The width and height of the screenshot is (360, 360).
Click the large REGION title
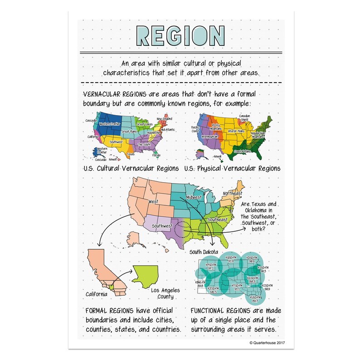(180, 35)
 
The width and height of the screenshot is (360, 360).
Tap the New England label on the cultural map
(165, 119)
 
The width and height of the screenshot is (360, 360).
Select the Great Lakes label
(144, 124)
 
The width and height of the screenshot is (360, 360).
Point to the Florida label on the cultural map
(156, 155)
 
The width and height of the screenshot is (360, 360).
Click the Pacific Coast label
(195, 130)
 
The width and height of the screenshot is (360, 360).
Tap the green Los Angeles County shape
(149, 277)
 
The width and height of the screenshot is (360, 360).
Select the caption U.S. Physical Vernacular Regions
(232, 168)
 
